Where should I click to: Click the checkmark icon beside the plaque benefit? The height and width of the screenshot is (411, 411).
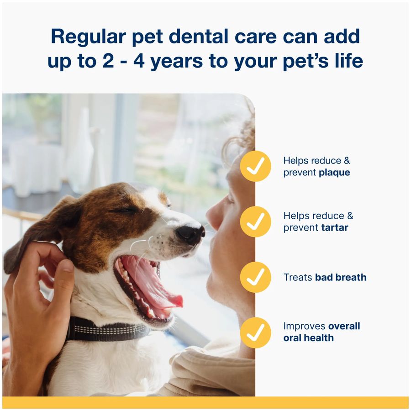255,166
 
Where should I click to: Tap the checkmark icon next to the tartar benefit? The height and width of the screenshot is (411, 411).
255,221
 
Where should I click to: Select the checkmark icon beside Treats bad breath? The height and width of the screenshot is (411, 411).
255,277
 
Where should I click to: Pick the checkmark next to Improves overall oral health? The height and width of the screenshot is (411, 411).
255,332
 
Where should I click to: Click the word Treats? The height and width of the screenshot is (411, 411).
298,277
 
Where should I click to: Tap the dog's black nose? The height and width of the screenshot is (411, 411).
190,234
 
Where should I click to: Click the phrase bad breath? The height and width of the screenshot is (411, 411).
341,277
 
